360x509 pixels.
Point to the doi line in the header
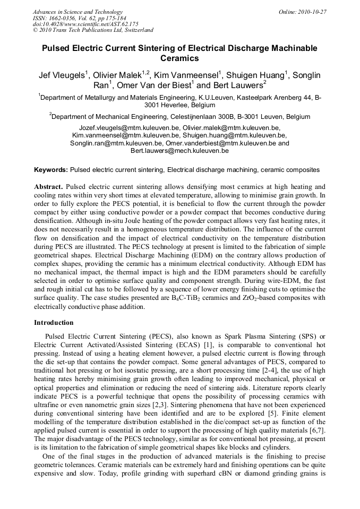pos(85,24)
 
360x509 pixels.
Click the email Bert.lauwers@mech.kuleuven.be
pos(179,151)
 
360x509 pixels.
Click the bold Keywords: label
pos(51,170)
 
